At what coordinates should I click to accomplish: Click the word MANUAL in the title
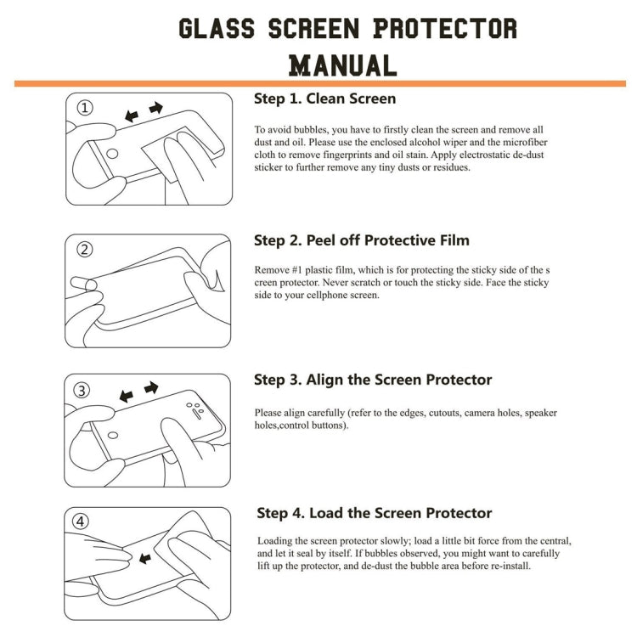(x=342, y=65)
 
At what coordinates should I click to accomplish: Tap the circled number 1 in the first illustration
(x=86, y=109)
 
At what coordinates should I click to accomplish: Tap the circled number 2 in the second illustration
(x=85, y=250)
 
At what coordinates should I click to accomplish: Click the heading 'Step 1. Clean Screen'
(x=324, y=99)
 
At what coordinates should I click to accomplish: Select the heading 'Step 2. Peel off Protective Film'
(x=362, y=240)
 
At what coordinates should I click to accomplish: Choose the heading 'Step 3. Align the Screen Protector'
(x=374, y=380)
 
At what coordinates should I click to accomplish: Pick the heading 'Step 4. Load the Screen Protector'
(x=375, y=513)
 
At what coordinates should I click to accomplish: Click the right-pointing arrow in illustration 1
(x=156, y=108)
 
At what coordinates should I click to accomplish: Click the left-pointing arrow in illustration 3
(x=126, y=397)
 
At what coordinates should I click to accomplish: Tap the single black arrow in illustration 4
(x=144, y=558)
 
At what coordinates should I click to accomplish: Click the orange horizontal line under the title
(x=319, y=83)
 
